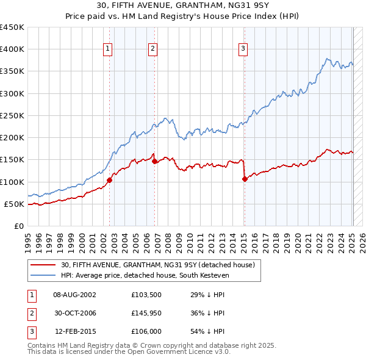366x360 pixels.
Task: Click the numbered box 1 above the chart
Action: tap(107, 49)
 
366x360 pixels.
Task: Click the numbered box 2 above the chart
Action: tap(152, 49)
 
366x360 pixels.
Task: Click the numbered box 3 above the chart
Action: tap(243, 49)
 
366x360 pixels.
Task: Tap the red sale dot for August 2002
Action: tap(110, 180)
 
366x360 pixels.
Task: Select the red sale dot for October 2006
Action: tap(155, 162)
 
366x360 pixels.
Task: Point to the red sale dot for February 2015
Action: tap(245, 179)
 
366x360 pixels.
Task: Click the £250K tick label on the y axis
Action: tap(12, 115)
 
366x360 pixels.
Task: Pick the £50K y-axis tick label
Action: tap(15, 204)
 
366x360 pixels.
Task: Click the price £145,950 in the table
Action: tap(145, 313)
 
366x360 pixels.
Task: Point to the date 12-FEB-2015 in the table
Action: tap(74, 331)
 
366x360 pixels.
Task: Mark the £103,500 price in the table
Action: tap(145, 295)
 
